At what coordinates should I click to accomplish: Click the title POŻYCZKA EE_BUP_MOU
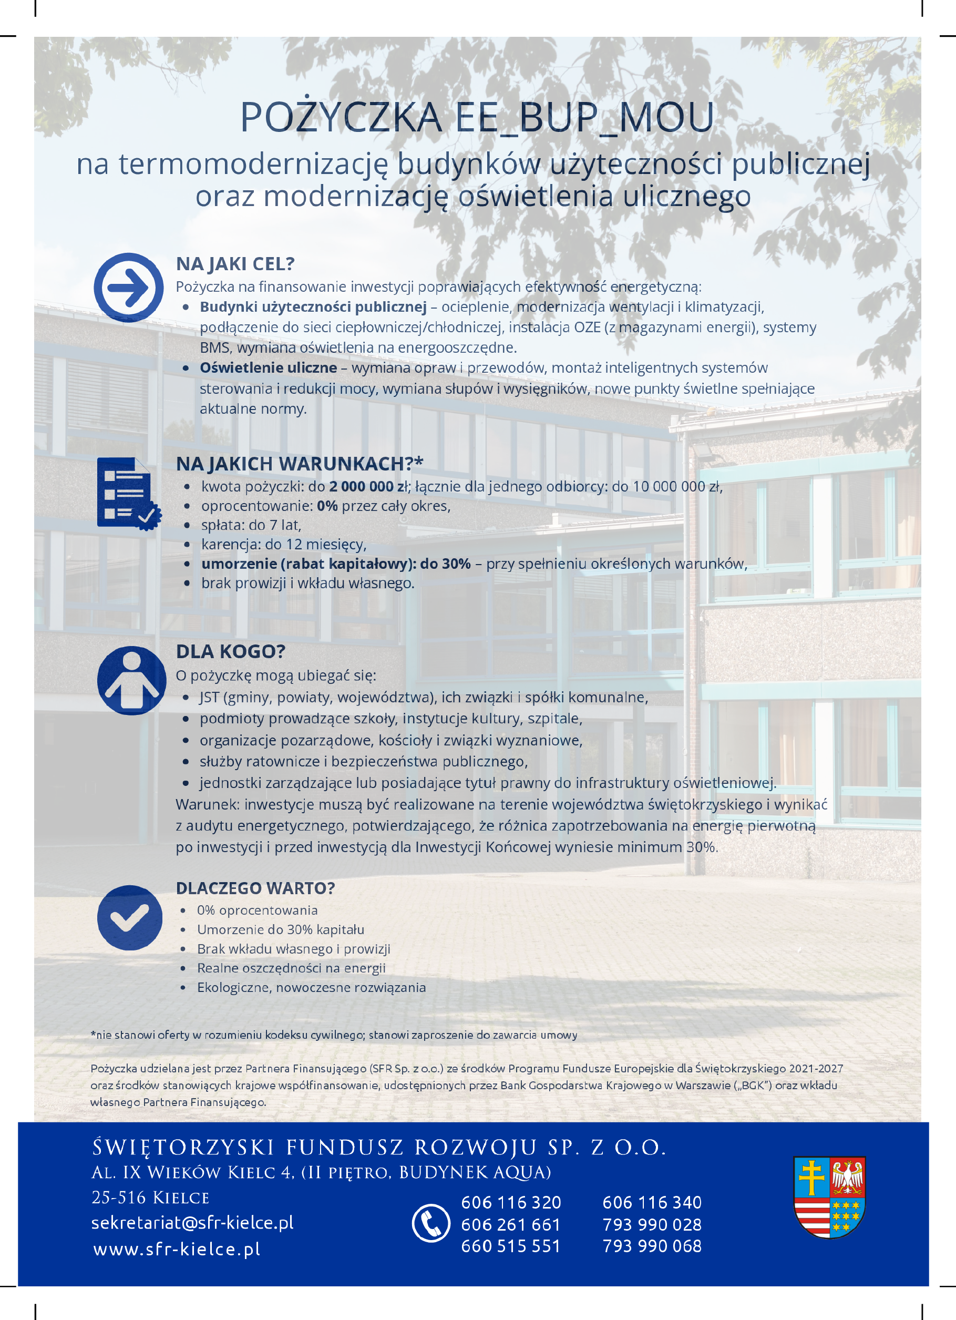point(477,117)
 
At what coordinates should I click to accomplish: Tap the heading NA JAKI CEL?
point(235,264)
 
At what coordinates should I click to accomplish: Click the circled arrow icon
point(129,287)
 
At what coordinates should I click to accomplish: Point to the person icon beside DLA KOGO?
point(131,680)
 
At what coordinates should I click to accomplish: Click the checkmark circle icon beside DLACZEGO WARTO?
point(130,918)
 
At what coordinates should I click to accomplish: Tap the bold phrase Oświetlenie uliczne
point(268,368)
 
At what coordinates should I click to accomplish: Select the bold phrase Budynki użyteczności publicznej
point(313,306)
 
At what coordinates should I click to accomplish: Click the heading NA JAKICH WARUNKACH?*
point(299,464)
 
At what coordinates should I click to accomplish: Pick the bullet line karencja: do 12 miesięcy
point(283,545)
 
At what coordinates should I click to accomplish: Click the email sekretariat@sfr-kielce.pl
point(192,1222)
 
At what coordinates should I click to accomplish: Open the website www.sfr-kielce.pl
point(177,1249)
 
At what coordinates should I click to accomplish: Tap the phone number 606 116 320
point(511,1202)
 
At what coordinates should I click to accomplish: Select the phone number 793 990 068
point(652,1246)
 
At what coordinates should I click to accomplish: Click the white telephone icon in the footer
point(430,1223)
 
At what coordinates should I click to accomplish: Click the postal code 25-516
point(119,1197)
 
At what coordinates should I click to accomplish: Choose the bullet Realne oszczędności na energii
point(291,968)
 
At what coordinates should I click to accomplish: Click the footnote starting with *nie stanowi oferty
point(334,1035)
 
